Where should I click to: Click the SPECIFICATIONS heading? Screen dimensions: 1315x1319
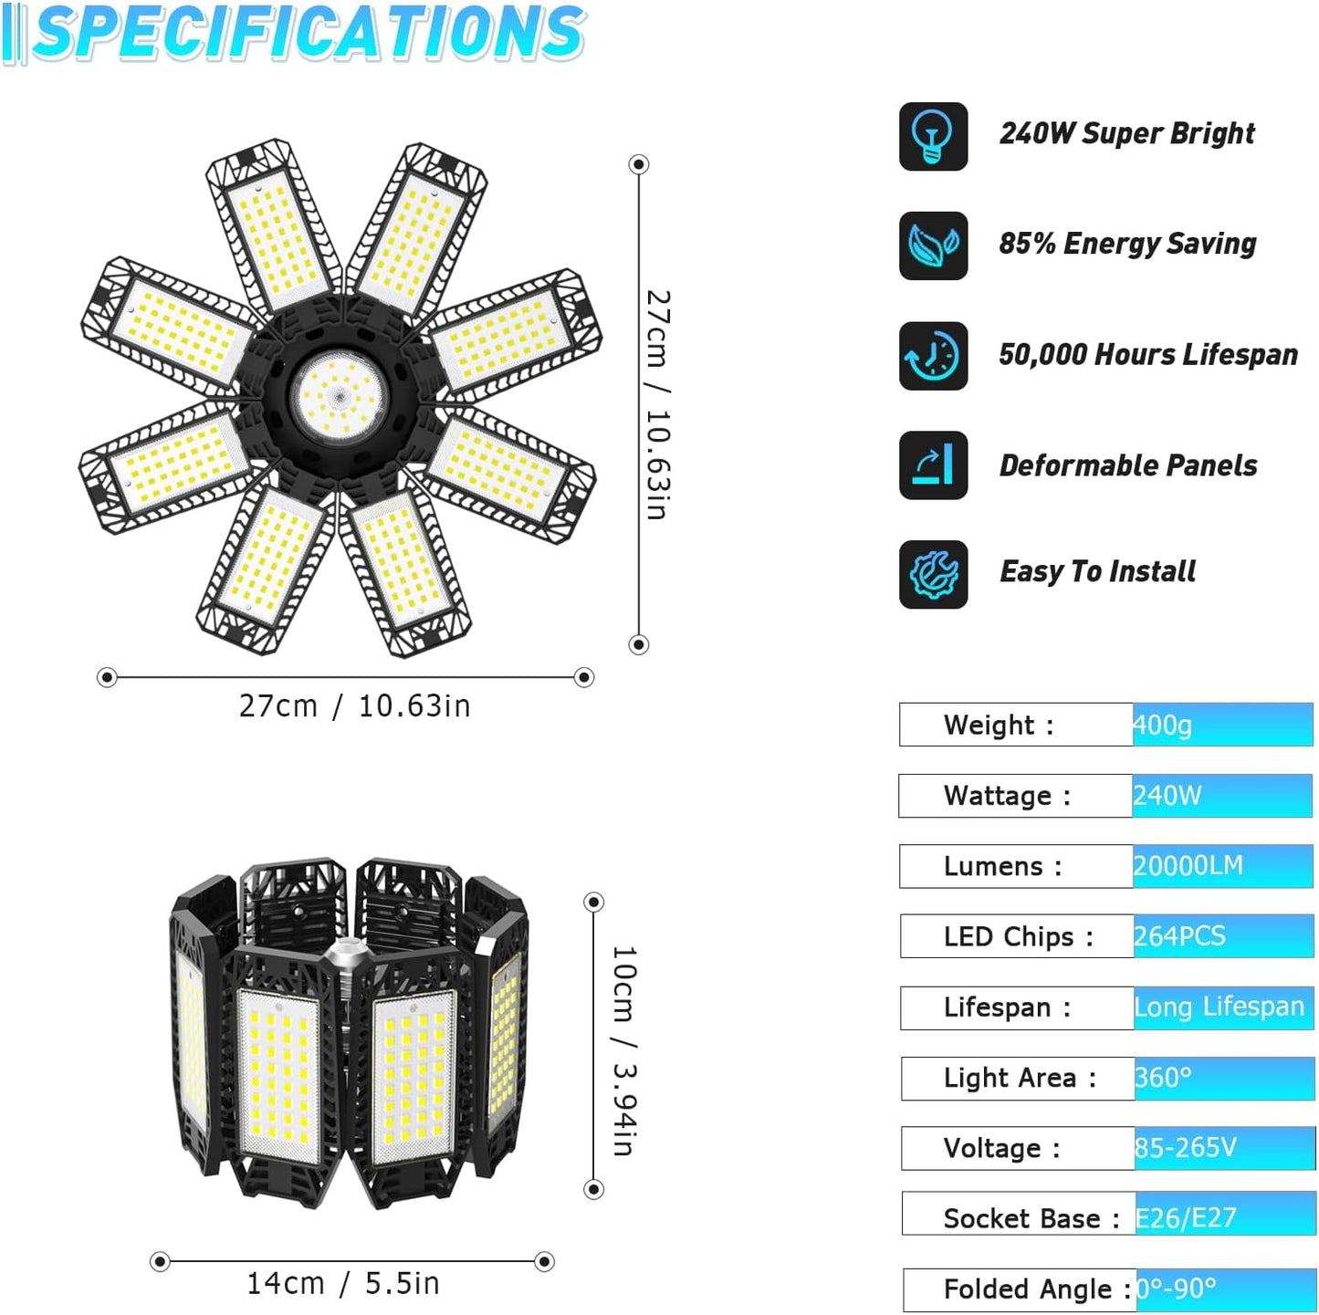click(x=309, y=34)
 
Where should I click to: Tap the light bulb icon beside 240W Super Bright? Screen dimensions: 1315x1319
click(x=933, y=137)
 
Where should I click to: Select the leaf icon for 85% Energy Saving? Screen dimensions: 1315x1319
click(x=933, y=245)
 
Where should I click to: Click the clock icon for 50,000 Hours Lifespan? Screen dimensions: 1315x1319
click(x=933, y=356)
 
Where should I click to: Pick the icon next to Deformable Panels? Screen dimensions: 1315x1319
click(x=933, y=465)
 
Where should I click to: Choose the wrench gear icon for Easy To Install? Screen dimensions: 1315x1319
click(x=933, y=575)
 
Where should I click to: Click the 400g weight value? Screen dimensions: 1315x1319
click(x=1163, y=725)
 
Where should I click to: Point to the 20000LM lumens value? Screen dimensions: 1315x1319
click(x=1188, y=866)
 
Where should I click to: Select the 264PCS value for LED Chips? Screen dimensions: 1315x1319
click(x=1179, y=936)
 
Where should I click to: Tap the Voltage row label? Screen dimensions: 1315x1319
click(x=1001, y=1149)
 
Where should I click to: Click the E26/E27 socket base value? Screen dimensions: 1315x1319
click(x=1186, y=1218)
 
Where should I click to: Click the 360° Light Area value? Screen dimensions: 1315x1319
click(x=1163, y=1078)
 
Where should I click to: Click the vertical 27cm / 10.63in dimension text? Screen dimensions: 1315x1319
click(x=657, y=405)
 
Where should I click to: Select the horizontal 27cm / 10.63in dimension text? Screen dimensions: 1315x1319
click(x=354, y=706)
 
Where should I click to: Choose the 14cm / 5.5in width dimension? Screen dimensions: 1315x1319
click(x=343, y=1284)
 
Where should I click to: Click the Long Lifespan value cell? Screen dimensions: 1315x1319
click(x=1220, y=1007)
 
